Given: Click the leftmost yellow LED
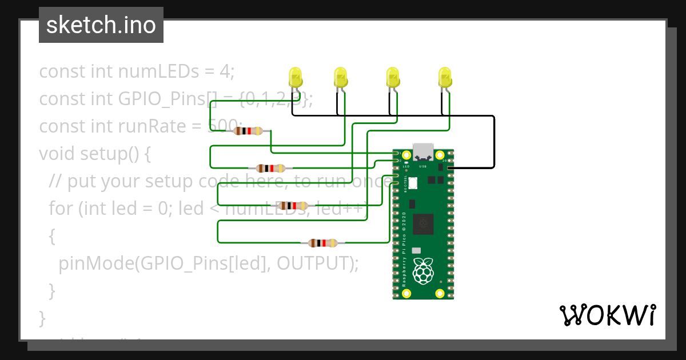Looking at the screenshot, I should pos(295,77).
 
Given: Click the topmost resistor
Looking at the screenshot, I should pos(249,131).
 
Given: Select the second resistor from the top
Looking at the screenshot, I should pos(270,168).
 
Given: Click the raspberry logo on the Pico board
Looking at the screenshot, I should pos(423,270).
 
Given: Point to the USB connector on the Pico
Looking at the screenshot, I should pos(423,151).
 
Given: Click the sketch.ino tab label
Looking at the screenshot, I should pos(101,25).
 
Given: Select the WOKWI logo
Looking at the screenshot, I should pos(607,315).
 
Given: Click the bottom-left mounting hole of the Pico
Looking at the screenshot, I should pos(406,294).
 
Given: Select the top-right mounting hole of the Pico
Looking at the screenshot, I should pos(440,155).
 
